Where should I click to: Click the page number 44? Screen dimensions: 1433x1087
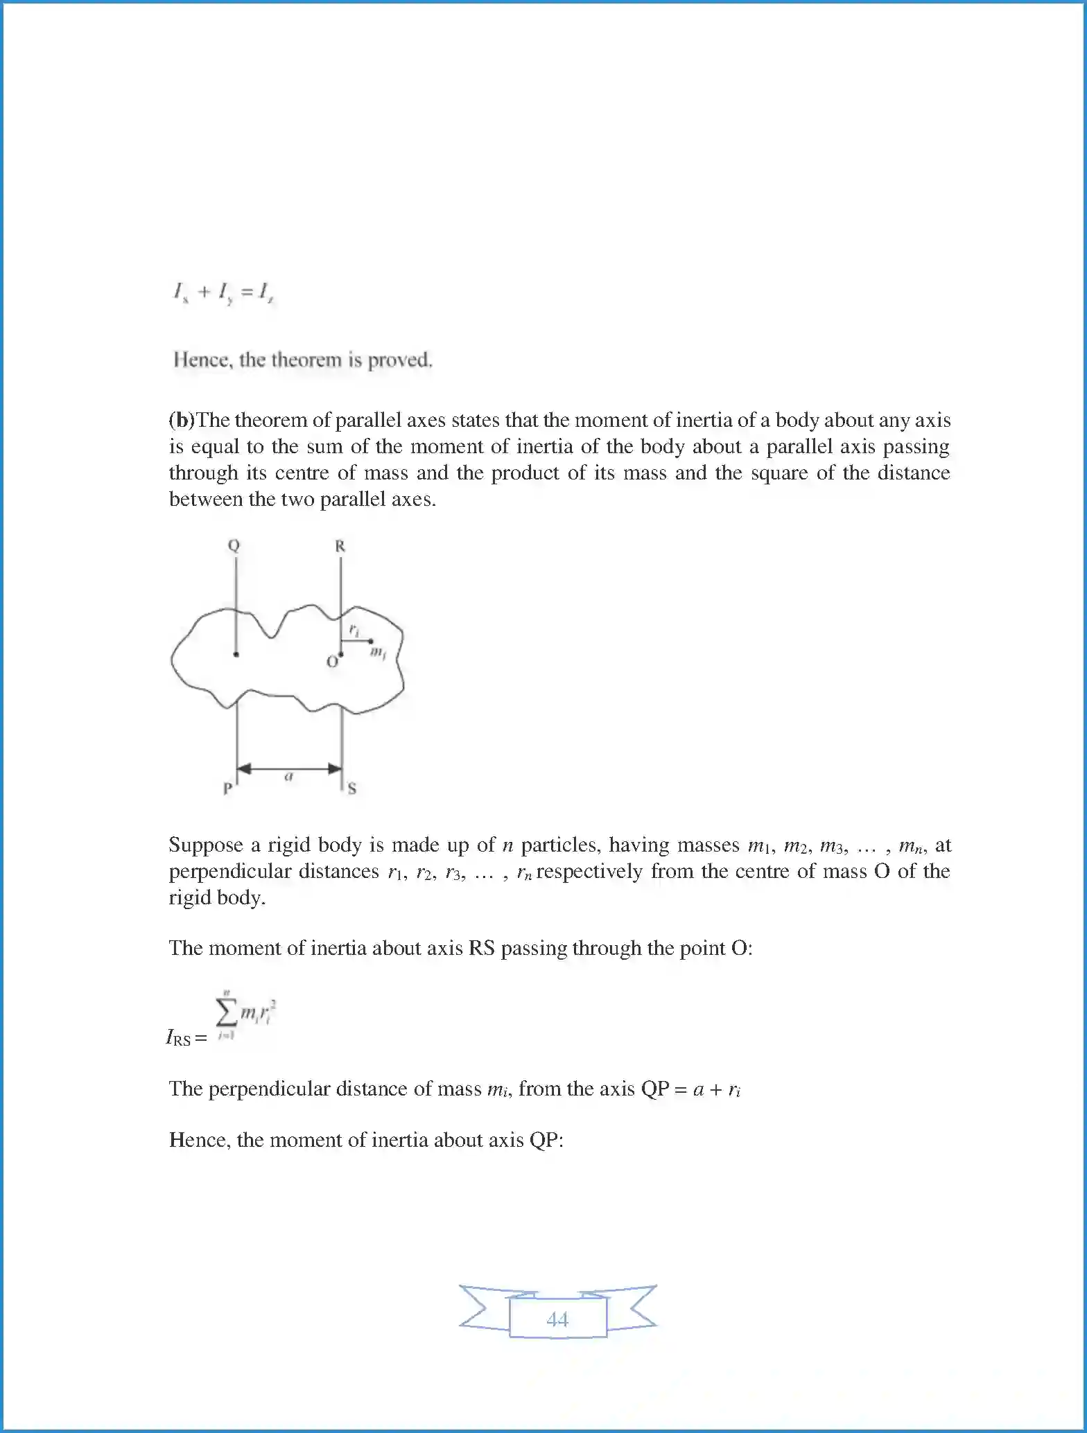[x=557, y=1319]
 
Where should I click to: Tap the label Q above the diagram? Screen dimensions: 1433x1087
[x=234, y=545]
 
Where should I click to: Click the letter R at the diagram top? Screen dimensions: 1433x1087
[x=340, y=546]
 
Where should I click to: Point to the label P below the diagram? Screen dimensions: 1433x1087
[x=227, y=789]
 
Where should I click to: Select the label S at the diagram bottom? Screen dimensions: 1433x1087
[x=351, y=789]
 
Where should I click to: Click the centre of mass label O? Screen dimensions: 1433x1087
[x=332, y=662]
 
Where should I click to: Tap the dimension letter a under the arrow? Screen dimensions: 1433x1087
[x=289, y=777]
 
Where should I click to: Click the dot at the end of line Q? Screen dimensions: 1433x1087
[x=236, y=654]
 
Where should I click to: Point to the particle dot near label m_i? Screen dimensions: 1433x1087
[x=370, y=641]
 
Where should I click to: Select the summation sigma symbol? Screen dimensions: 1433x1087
[x=226, y=1014]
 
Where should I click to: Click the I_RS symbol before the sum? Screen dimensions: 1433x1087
[x=179, y=1037]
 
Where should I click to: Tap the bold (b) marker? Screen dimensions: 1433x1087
[x=182, y=420]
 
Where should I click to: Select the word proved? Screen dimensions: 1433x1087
[x=400, y=360]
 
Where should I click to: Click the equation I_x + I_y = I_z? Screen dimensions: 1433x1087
[x=223, y=292]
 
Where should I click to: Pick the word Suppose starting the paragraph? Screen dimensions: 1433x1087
[x=206, y=845]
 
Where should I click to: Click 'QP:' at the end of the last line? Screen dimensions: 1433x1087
[x=546, y=1140]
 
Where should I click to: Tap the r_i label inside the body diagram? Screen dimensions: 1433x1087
[x=354, y=630]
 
